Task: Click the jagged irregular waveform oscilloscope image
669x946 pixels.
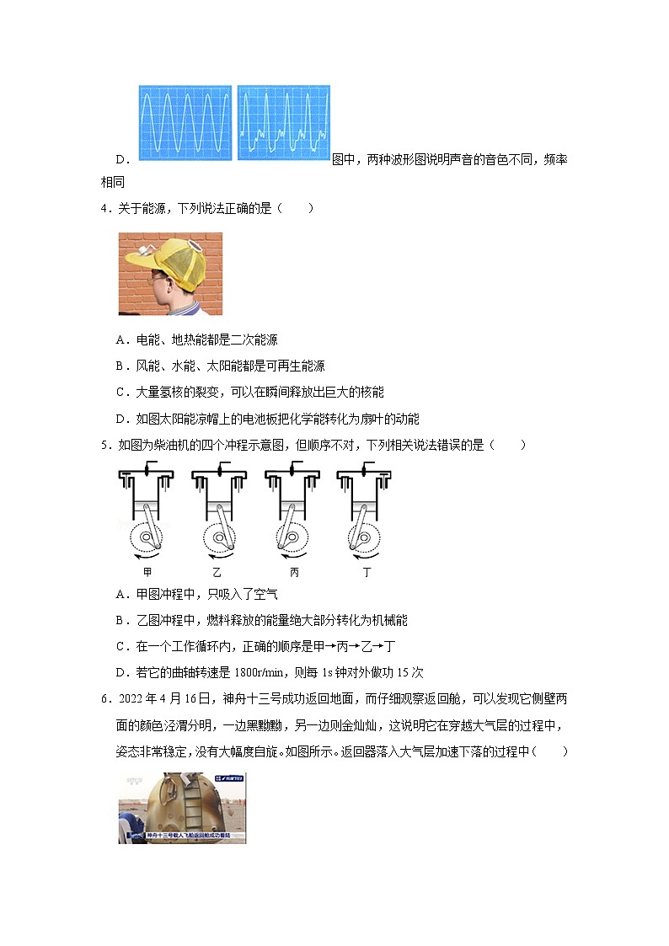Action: [284, 123]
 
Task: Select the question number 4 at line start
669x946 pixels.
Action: [104, 209]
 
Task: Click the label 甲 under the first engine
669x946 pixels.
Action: [147, 573]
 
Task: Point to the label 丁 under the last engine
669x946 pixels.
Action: [367, 573]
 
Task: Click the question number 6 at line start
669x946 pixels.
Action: [104, 699]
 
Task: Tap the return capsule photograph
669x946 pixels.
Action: [182, 808]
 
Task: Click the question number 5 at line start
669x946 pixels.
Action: [104, 445]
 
